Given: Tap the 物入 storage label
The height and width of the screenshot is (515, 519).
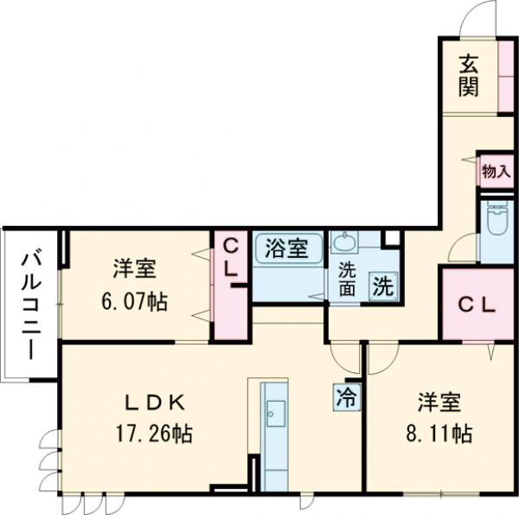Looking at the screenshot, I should pyautogui.click(x=496, y=171).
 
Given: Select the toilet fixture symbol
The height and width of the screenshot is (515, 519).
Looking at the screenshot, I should pyautogui.click(x=497, y=223).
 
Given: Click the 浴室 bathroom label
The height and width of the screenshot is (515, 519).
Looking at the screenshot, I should pyautogui.click(x=287, y=248).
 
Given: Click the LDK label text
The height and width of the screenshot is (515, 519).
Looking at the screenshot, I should pyautogui.click(x=154, y=402).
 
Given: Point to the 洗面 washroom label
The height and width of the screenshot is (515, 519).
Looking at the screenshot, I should pyautogui.click(x=347, y=279).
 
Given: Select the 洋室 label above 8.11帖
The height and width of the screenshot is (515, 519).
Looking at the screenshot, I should pyautogui.click(x=439, y=402).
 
